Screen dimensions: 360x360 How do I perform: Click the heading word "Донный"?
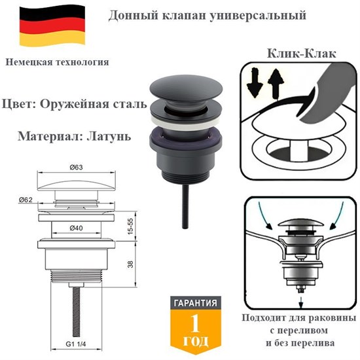point(130,14)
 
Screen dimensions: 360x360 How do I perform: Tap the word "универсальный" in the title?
point(233,14)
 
